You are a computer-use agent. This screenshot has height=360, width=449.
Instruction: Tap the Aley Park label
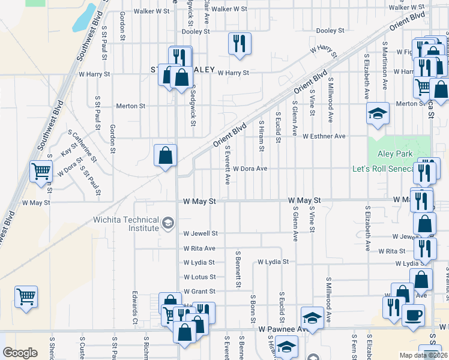point(395,154)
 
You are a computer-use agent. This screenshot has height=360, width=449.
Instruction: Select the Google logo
point(20,353)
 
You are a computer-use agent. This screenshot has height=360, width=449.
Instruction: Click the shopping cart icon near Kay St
point(41,172)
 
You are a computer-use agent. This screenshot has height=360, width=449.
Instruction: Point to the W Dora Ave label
point(250,169)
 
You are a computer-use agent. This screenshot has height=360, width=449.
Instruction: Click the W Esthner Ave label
point(324,136)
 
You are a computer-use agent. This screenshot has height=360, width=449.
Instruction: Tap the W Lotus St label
point(199,277)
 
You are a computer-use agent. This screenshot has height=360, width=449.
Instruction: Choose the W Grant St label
point(199,292)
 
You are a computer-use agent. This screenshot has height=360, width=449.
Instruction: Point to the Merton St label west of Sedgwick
point(130,106)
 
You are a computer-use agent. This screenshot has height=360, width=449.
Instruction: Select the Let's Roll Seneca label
point(383,169)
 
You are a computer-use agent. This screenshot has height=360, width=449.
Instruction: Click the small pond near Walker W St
point(83,18)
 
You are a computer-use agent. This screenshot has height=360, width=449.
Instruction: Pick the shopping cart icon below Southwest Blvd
point(26,296)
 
